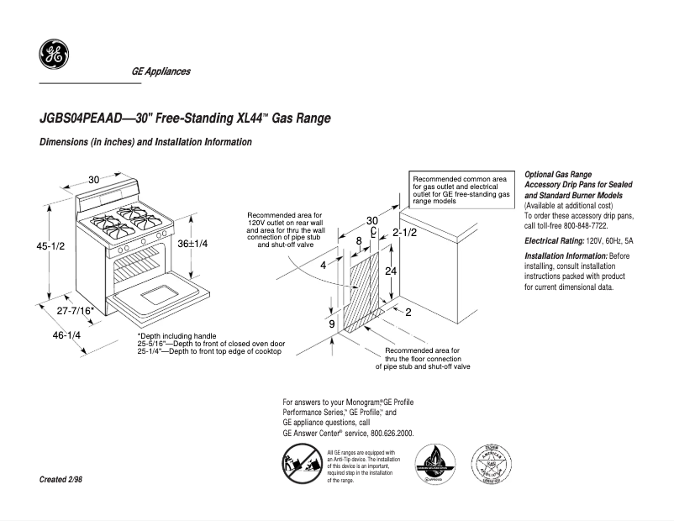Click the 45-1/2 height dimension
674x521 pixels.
pyautogui.click(x=50, y=247)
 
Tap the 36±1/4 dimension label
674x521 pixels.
pyautogui.click(x=192, y=243)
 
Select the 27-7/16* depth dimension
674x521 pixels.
pyautogui.click(x=75, y=311)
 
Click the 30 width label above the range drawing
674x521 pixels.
pyautogui.click(x=94, y=179)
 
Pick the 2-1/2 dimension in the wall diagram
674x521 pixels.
pyautogui.click(x=404, y=232)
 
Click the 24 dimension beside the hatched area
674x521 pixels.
pyautogui.click(x=390, y=271)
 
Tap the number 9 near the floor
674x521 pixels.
pyautogui.click(x=331, y=324)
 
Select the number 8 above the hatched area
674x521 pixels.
pyautogui.click(x=359, y=241)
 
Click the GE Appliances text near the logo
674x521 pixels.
pyautogui.click(x=161, y=71)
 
